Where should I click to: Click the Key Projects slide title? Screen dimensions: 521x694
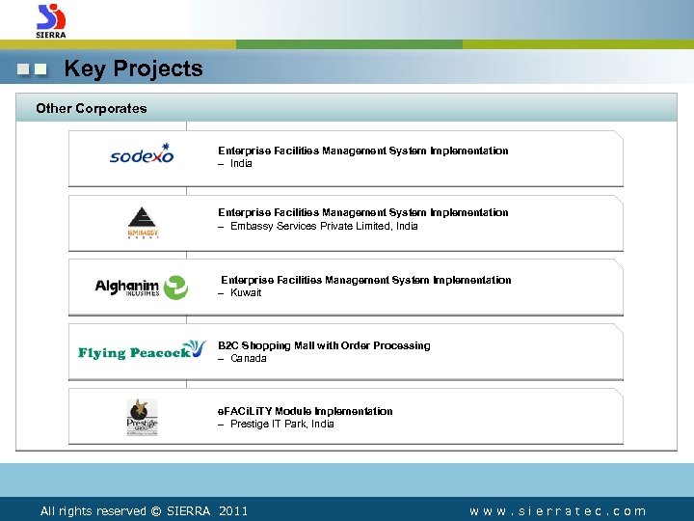point(133,69)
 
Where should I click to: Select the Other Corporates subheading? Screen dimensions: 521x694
point(92,108)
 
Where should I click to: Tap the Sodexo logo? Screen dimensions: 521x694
point(142,154)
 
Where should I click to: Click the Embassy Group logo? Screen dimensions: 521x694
point(142,221)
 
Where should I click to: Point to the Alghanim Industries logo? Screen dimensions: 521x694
point(142,286)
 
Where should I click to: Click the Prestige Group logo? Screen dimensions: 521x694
point(143,416)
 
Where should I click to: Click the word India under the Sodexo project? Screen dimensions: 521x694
point(241,164)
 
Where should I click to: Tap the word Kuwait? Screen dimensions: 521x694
point(246,292)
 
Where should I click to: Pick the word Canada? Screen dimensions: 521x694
point(249,358)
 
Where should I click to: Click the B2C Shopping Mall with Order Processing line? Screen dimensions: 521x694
point(324,345)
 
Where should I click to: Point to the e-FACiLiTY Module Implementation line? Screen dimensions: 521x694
point(306,411)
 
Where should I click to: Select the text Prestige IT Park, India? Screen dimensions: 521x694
point(282,424)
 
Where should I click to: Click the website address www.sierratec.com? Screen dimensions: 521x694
point(557,511)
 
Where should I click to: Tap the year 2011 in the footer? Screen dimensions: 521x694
point(233,511)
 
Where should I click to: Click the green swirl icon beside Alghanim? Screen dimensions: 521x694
point(175,287)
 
